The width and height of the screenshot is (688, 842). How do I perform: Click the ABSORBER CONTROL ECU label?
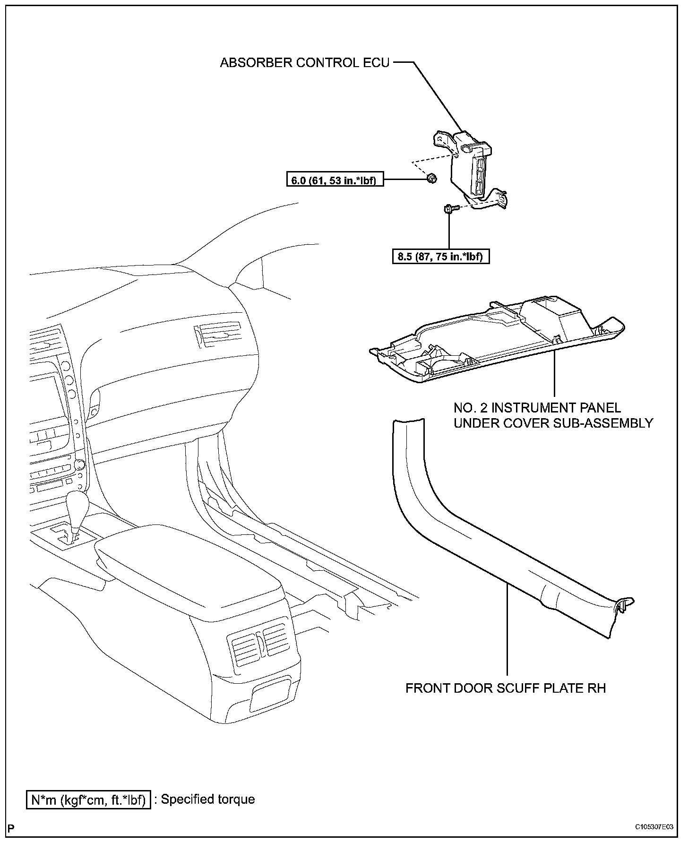click(x=305, y=63)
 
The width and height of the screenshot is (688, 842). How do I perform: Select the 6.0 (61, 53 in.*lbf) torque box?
click(x=335, y=180)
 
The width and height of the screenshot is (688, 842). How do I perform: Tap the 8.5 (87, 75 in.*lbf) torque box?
click(x=440, y=257)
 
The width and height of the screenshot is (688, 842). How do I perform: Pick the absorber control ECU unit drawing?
click(x=473, y=165)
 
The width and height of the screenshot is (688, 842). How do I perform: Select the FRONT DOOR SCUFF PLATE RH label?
click(x=506, y=688)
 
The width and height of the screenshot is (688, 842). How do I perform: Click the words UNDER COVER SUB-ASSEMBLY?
click(x=553, y=423)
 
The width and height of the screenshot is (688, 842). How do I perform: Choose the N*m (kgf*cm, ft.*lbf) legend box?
click(x=88, y=799)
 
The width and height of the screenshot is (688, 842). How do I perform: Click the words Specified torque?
click(x=208, y=799)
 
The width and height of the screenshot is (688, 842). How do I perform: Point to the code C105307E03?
click(x=655, y=827)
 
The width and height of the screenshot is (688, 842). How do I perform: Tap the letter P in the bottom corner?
click(x=11, y=828)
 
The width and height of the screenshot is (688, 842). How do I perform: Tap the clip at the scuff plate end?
click(x=625, y=606)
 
